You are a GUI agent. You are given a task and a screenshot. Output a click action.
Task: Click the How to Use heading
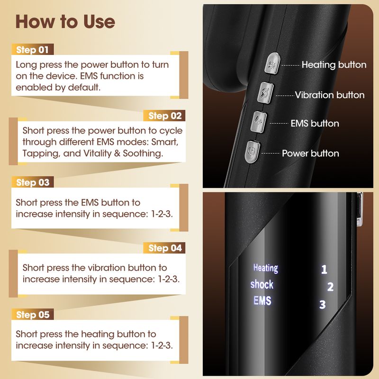pyautogui.click(x=65, y=22)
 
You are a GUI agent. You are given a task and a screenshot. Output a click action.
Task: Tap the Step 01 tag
pyautogui.click(x=33, y=50)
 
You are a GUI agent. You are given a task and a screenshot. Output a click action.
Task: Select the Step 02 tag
pyautogui.click(x=164, y=116)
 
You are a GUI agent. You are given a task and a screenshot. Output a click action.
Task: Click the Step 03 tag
pyautogui.click(x=33, y=182)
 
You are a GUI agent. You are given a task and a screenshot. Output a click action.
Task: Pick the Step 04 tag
pyautogui.click(x=164, y=248)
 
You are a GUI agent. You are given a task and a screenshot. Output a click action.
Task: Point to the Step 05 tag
pyautogui.click(x=33, y=315)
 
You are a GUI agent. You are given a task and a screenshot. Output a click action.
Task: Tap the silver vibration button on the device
pyautogui.click(x=265, y=92)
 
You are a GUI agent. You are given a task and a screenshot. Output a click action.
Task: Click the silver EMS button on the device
pyautogui.click(x=259, y=122)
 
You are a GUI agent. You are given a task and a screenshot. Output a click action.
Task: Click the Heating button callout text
pyautogui.click(x=334, y=65)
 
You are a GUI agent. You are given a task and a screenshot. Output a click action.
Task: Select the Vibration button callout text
pyautogui.click(x=330, y=95)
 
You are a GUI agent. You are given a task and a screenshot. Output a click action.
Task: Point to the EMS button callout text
pyautogui.click(x=315, y=123)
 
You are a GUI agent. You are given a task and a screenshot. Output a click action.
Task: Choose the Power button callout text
pyautogui.click(x=310, y=153)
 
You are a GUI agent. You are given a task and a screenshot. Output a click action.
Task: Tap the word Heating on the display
pyautogui.click(x=266, y=268)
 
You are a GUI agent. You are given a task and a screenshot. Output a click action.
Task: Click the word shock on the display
pyautogui.click(x=262, y=285)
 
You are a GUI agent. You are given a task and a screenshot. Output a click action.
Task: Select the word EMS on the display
pyautogui.click(x=262, y=301)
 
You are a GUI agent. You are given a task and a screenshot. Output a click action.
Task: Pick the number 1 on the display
pyautogui.click(x=324, y=270)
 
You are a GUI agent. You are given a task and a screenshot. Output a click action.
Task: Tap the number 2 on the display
pyautogui.click(x=330, y=287)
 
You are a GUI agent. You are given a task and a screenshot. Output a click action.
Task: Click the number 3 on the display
pyautogui.click(x=323, y=305)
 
